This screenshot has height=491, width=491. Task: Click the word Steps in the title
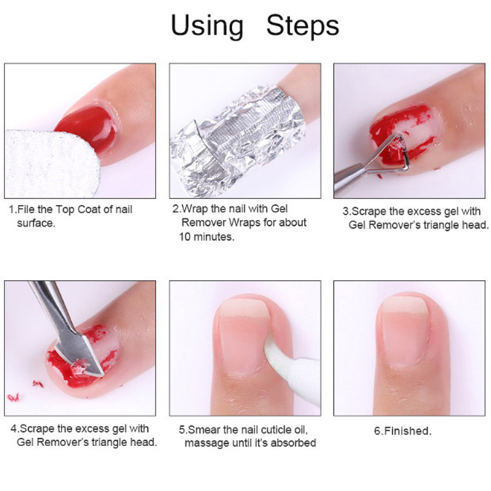tap(303, 26)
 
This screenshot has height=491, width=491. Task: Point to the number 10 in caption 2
tap(185, 236)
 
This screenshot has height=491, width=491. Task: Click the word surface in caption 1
tap(36, 223)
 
